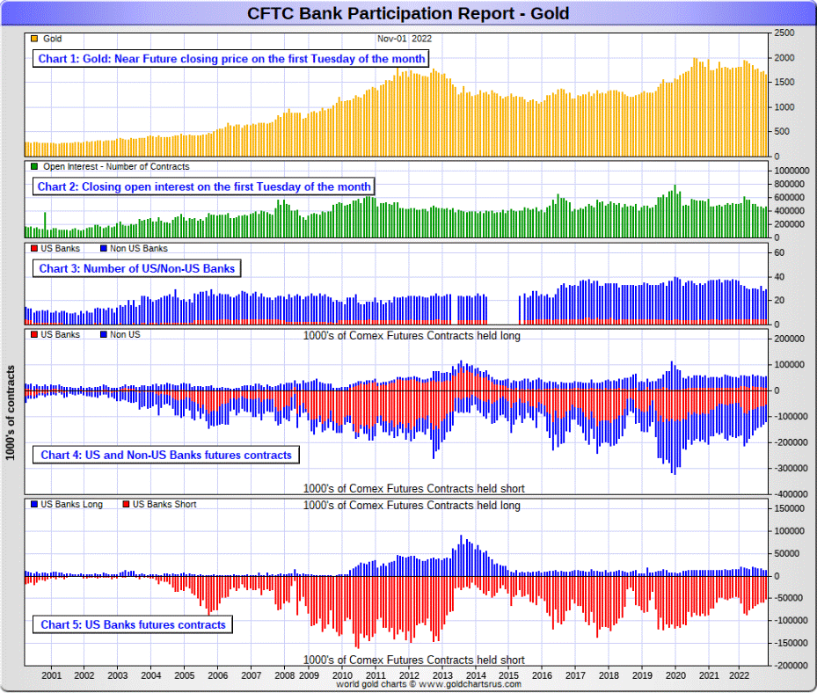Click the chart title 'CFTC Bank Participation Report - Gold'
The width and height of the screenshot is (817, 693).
408,13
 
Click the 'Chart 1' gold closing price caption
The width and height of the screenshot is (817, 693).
232,59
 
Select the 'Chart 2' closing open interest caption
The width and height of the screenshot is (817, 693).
204,186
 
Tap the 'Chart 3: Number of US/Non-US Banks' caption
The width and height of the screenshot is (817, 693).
136,268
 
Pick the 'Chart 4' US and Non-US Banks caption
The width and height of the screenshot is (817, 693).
166,455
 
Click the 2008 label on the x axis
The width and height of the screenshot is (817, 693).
284,675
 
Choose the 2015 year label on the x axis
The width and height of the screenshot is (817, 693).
508,675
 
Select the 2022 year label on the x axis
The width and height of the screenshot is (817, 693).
740,675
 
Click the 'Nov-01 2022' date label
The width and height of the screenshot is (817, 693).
405,39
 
